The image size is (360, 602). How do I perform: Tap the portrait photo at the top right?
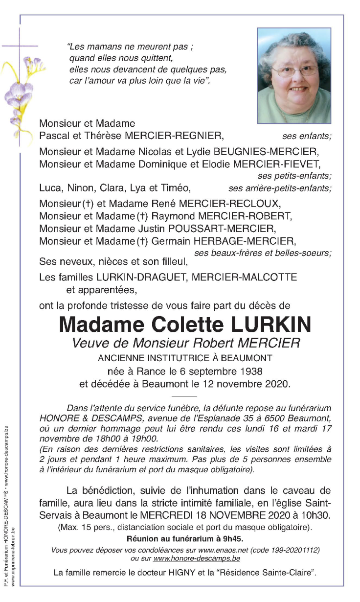(294, 75)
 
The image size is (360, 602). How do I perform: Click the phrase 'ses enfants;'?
(307, 137)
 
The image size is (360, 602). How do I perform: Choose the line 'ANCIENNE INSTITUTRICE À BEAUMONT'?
(185, 358)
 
